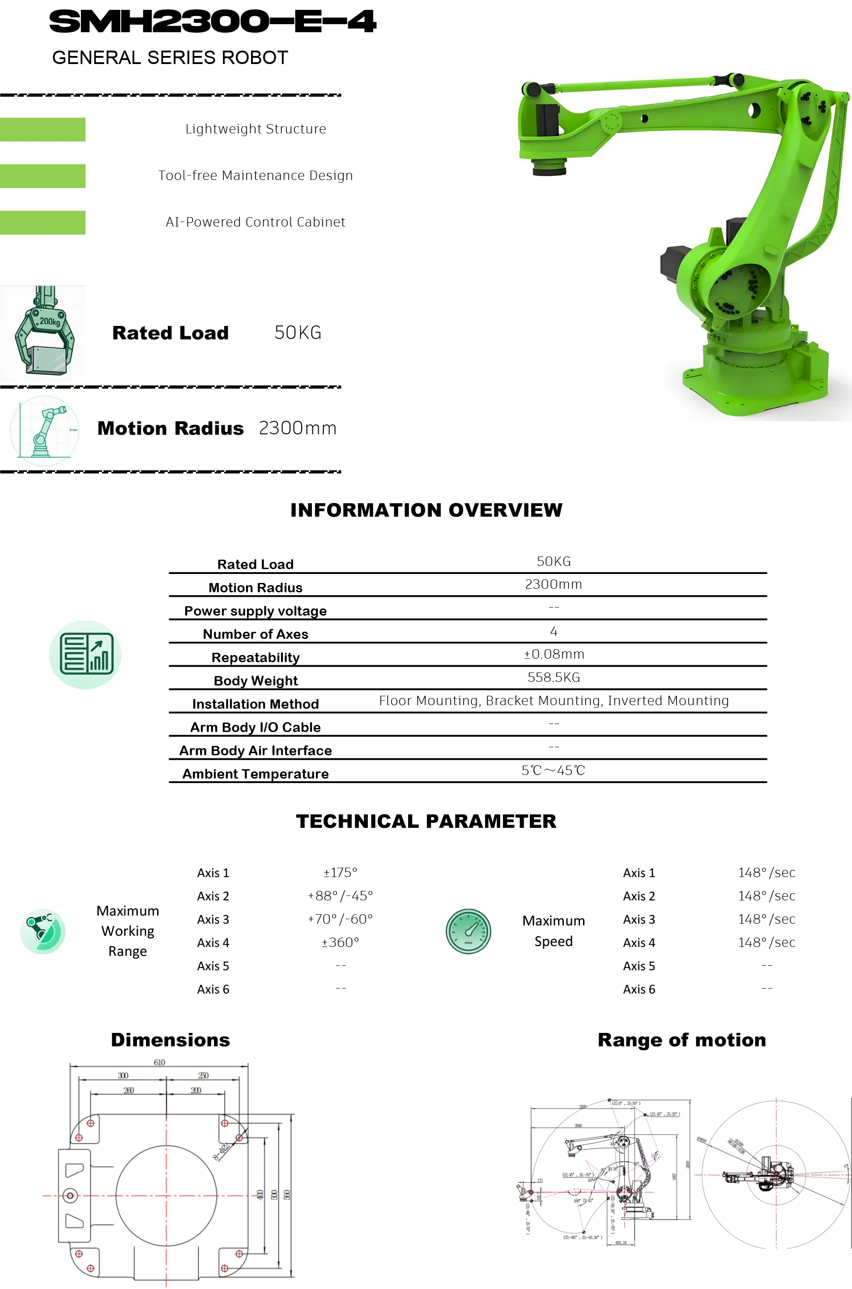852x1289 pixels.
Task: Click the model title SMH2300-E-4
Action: [x=213, y=22]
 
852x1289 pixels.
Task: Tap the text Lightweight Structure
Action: [x=256, y=129]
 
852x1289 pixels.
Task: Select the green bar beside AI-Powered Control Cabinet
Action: [x=43, y=223]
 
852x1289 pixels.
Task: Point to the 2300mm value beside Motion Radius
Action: [x=297, y=428]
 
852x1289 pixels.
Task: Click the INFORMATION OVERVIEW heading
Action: [x=426, y=510]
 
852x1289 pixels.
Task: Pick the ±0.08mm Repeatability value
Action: [x=554, y=654]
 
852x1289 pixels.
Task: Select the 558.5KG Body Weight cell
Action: [x=554, y=677]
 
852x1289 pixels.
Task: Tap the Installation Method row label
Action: [x=256, y=704]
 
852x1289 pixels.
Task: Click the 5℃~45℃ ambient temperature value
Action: [x=553, y=771]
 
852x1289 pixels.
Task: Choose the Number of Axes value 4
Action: [x=554, y=631]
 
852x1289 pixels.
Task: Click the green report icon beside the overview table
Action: [x=85, y=655]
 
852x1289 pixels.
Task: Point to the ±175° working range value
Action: [x=340, y=873]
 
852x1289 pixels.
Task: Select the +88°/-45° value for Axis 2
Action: [x=340, y=896]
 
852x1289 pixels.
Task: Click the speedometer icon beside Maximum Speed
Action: [x=468, y=931]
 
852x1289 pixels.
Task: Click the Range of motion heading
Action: [x=682, y=1040]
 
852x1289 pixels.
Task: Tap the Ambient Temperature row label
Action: [x=256, y=774]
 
